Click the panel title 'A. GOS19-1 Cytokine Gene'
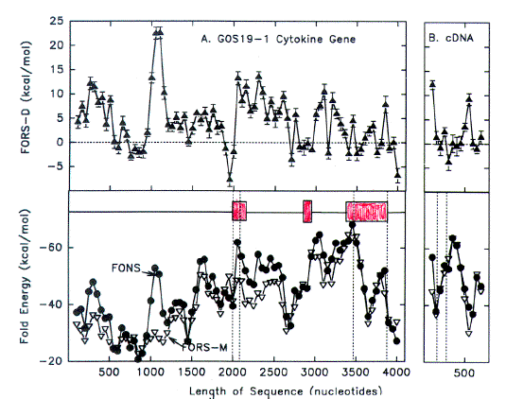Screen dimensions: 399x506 [x=273, y=38]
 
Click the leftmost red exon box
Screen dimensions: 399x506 [x=239, y=211]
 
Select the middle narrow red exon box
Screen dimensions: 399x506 [x=307, y=211]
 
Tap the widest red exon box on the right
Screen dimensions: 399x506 [x=367, y=211]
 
